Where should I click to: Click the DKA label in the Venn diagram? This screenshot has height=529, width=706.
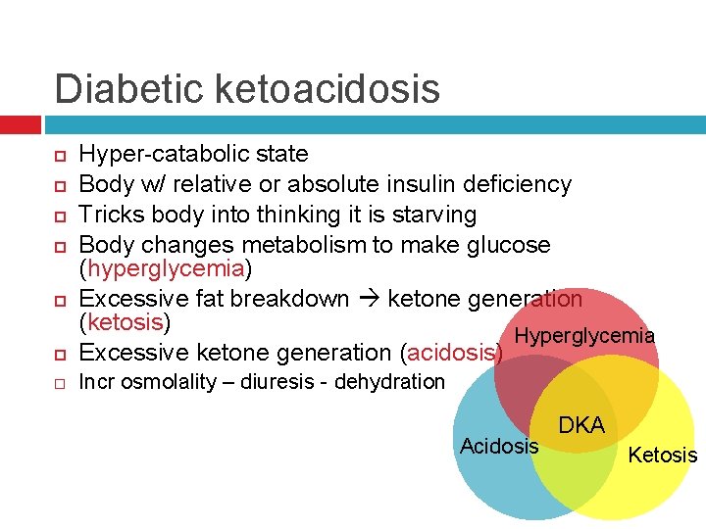[581, 425]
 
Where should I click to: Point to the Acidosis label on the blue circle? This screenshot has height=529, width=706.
[499, 447]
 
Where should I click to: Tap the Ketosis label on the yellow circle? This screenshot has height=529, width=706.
[663, 455]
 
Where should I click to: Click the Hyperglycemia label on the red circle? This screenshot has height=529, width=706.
[584, 336]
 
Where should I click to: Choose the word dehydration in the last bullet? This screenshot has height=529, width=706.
[389, 382]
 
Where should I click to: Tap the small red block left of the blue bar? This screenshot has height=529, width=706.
[20, 125]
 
